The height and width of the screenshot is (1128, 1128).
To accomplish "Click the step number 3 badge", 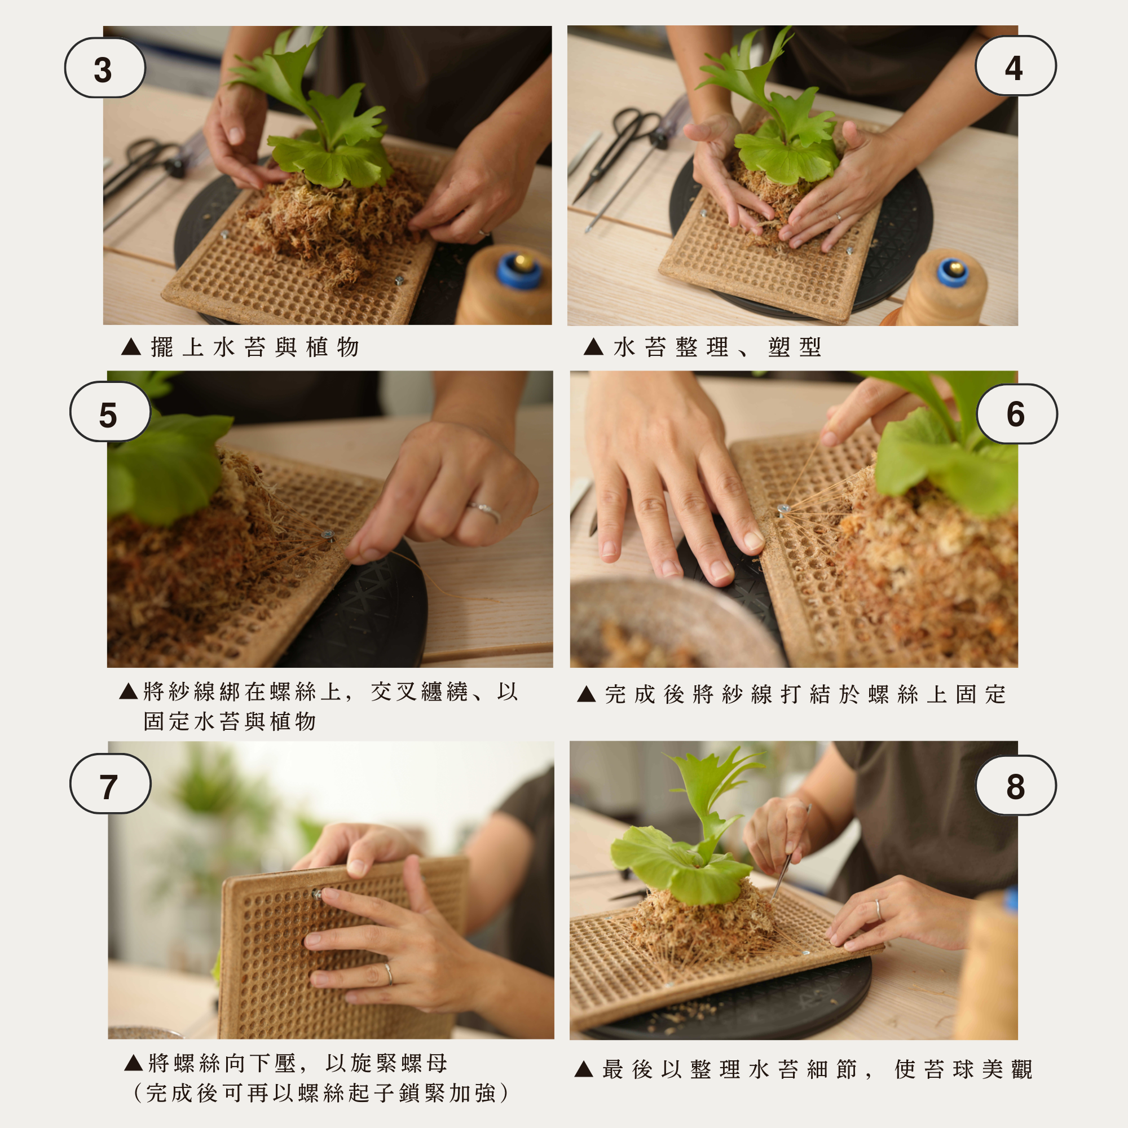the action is [x=105, y=68].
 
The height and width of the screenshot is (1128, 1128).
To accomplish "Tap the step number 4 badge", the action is [x=1015, y=66].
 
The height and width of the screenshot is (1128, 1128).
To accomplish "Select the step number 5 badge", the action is [x=111, y=412].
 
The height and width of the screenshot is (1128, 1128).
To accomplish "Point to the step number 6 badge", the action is [x=1016, y=414].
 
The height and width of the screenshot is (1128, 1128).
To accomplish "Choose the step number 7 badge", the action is [x=111, y=783].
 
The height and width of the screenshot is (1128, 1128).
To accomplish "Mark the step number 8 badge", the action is [x=1015, y=785].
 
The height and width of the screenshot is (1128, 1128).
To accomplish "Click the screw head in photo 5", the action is [x=329, y=535].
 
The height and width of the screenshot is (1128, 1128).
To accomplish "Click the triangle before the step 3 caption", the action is [x=131, y=347].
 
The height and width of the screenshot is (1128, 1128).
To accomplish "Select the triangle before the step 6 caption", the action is [x=586, y=694].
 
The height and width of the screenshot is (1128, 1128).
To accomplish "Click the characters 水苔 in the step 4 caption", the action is [x=640, y=347].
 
